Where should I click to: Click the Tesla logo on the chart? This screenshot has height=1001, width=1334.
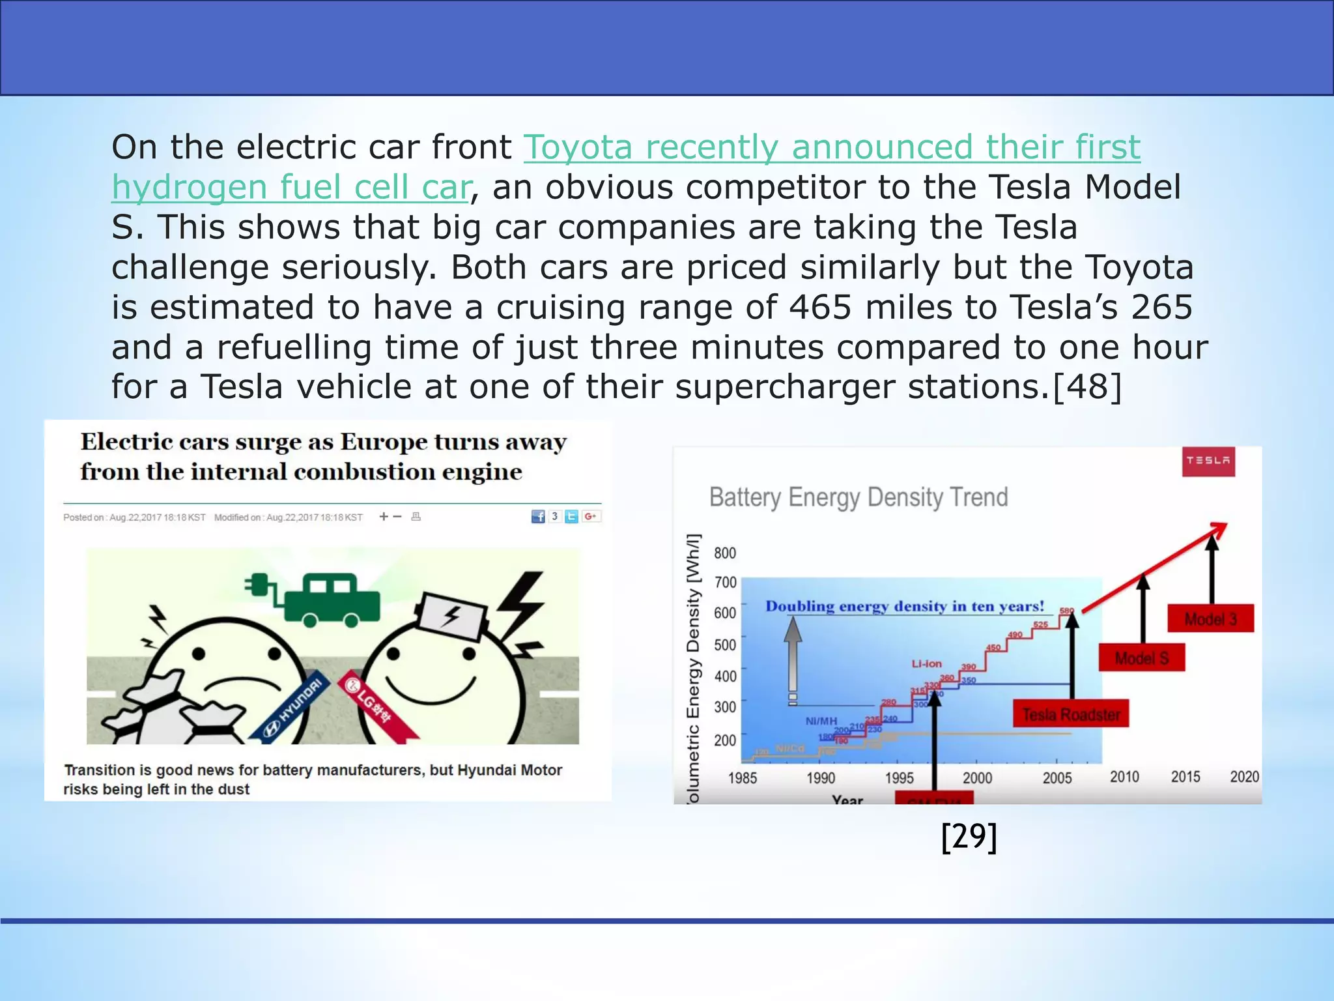click(x=1208, y=461)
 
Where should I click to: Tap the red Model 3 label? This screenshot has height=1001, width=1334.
click(x=1210, y=619)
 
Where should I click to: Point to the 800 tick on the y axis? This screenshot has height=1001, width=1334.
click(x=725, y=553)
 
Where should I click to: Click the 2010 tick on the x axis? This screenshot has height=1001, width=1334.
click(x=1124, y=777)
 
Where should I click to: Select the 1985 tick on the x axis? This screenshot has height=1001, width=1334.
click(x=743, y=778)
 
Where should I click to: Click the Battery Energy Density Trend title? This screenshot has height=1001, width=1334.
click(x=858, y=497)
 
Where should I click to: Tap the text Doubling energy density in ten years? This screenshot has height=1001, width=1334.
click(x=904, y=607)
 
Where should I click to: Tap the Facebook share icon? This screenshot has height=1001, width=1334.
click(x=538, y=517)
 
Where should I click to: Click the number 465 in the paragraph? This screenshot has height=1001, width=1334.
click(x=819, y=307)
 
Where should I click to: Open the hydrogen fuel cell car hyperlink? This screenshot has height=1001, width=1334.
click(x=291, y=187)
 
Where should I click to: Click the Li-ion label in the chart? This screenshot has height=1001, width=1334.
click(x=926, y=664)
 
